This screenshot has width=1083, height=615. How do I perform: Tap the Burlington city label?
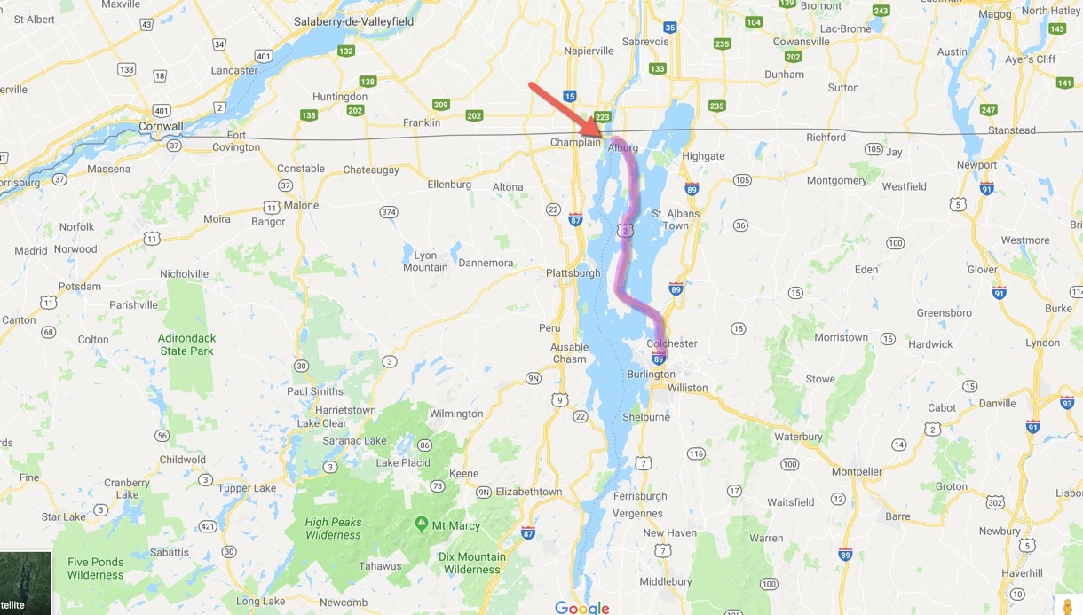click(x=650, y=375)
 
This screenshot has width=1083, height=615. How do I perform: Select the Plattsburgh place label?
click(x=573, y=272)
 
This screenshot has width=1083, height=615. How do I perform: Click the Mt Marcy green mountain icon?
click(x=421, y=524)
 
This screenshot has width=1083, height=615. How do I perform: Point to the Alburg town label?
click(x=622, y=148)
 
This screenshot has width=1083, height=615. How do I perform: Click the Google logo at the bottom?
click(x=581, y=607)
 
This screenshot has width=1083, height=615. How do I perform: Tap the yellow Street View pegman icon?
click(x=1068, y=605)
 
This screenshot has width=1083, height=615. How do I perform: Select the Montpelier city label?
click(x=857, y=472)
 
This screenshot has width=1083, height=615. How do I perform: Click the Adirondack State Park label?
click(x=186, y=344)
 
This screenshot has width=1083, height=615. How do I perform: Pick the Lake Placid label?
click(x=403, y=462)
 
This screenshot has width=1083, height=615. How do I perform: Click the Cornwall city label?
click(x=161, y=127)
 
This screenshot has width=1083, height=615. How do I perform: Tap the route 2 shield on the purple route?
click(x=626, y=231)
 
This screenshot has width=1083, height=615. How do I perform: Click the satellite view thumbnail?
click(x=25, y=583)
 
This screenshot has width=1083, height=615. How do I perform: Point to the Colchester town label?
click(x=672, y=343)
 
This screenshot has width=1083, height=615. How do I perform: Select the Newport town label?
click(x=976, y=165)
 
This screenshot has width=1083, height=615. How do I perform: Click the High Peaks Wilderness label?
click(x=333, y=529)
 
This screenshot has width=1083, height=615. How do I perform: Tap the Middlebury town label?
click(x=665, y=581)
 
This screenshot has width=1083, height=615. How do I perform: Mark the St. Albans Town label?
click(x=676, y=219)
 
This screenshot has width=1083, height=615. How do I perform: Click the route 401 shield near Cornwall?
click(x=162, y=110)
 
